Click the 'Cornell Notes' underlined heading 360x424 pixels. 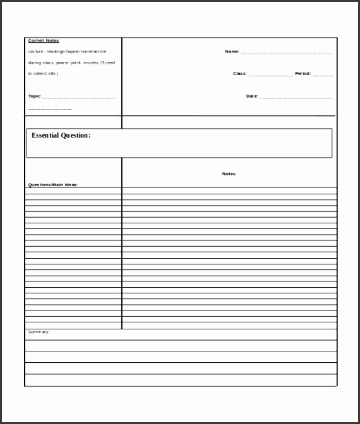pyautogui.click(x=44, y=40)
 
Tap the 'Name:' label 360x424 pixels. pyautogui.click(x=232, y=52)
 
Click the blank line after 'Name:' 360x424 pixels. pyautogui.click(x=287, y=53)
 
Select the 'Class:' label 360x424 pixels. pyautogui.click(x=239, y=74)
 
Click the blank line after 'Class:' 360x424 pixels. pyautogui.click(x=271, y=75)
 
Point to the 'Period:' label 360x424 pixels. pyautogui.click(x=303, y=74)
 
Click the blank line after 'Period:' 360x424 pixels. pyautogui.click(x=323, y=75)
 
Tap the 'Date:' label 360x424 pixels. pyautogui.click(x=252, y=96)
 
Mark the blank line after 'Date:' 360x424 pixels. pyautogui.click(x=296, y=97)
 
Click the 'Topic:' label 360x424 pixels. pyautogui.click(x=35, y=96)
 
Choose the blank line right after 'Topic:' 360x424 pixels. pyautogui.click(x=79, y=97)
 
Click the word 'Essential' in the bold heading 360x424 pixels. pyautogui.click(x=46, y=135)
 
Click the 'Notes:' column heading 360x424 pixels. pyautogui.click(x=229, y=174)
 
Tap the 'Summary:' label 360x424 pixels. pyautogui.click(x=38, y=332)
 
